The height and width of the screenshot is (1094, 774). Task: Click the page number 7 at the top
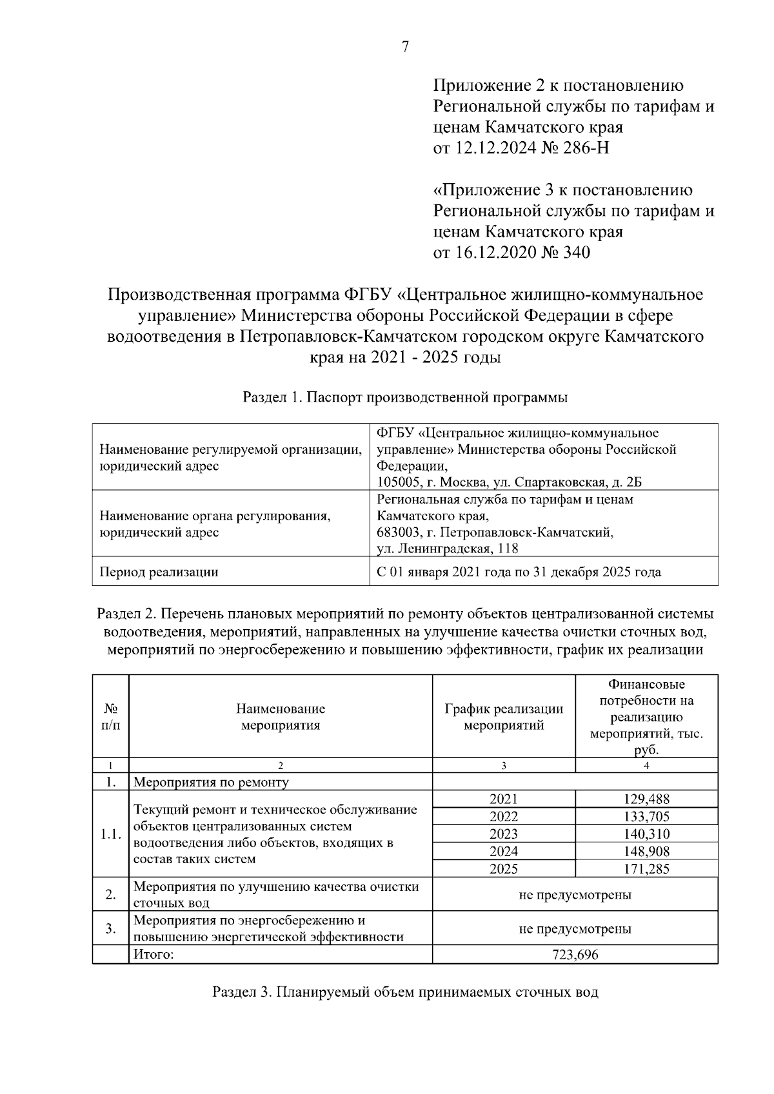(405, 47)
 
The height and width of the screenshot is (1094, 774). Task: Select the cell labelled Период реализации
(158, 572)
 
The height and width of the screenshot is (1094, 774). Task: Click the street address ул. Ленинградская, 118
(448, 549)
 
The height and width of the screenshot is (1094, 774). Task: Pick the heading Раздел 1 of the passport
(404, 398)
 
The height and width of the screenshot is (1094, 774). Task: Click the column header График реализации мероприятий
(504, 716)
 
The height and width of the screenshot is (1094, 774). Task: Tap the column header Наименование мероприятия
(281, 716)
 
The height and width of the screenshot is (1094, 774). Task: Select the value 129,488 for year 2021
(646, 799)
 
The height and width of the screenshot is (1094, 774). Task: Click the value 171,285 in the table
(646, 869)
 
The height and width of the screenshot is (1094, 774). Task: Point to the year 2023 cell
(504, 834)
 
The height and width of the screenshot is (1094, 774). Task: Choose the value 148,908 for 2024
(646, 852)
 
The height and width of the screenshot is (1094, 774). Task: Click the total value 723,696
(575, 955)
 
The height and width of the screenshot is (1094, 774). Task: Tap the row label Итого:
(154, 954)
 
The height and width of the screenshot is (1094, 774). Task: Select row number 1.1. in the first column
(111, 834)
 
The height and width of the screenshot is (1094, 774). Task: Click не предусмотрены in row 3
(575, 929)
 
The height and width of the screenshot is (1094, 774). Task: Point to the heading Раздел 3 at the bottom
(405, 992)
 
